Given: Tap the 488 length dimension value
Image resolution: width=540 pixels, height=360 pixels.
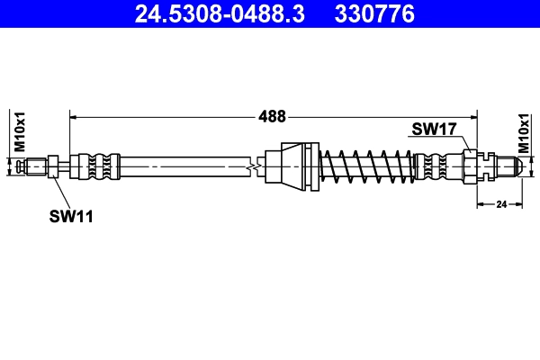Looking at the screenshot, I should (x=272, y=116).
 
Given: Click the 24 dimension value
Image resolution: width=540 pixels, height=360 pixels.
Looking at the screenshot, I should (x=501, y=204).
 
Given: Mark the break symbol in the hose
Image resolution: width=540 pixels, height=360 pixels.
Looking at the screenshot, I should (x=256, y=166).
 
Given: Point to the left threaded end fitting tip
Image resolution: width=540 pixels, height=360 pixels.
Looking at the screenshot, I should (x=34, y=166).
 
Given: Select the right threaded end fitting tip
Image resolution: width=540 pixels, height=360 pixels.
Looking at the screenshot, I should (x=509, y=166).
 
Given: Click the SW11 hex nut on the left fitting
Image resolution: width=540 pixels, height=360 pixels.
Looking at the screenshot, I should (x=54, y=166).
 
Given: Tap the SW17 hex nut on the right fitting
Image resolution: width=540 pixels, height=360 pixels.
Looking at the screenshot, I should (x=471, y=166).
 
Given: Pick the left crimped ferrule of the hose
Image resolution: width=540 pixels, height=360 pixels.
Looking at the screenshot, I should (x=97, y=166).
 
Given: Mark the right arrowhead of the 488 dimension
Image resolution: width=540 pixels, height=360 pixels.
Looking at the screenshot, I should (x=474, y=116).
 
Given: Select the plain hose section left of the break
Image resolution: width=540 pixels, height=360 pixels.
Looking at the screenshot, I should (x=180, y=166).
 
